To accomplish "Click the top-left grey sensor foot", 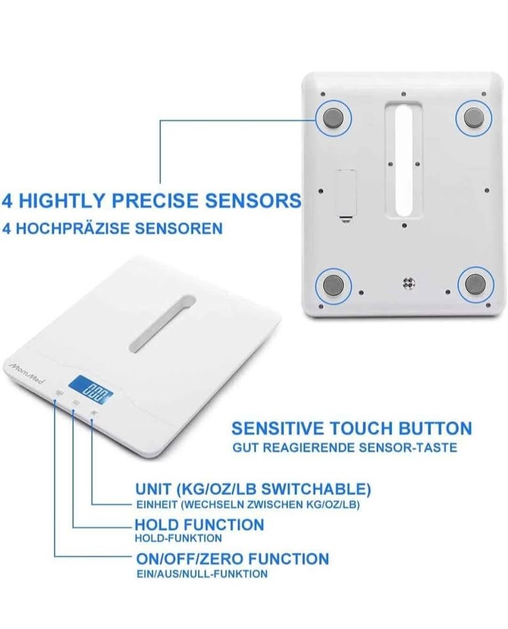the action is pyautogui.click(x=334, y=119).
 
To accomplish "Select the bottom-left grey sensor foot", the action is pyautogui.click(x=334, y=285).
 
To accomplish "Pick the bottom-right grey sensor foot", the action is pyautogui.click(x=475, y=284).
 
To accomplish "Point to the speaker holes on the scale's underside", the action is pyautogui.click(x=408, y=283).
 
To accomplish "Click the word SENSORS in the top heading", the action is pyautogui.click(x=253, y=200).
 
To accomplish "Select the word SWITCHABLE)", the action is pyautogui.click(x=316, y=489).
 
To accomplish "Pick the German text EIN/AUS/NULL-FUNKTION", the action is pyautogui.click(x=202, y=574).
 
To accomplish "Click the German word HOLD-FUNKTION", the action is pyautogui.click(x=178, y=539).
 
